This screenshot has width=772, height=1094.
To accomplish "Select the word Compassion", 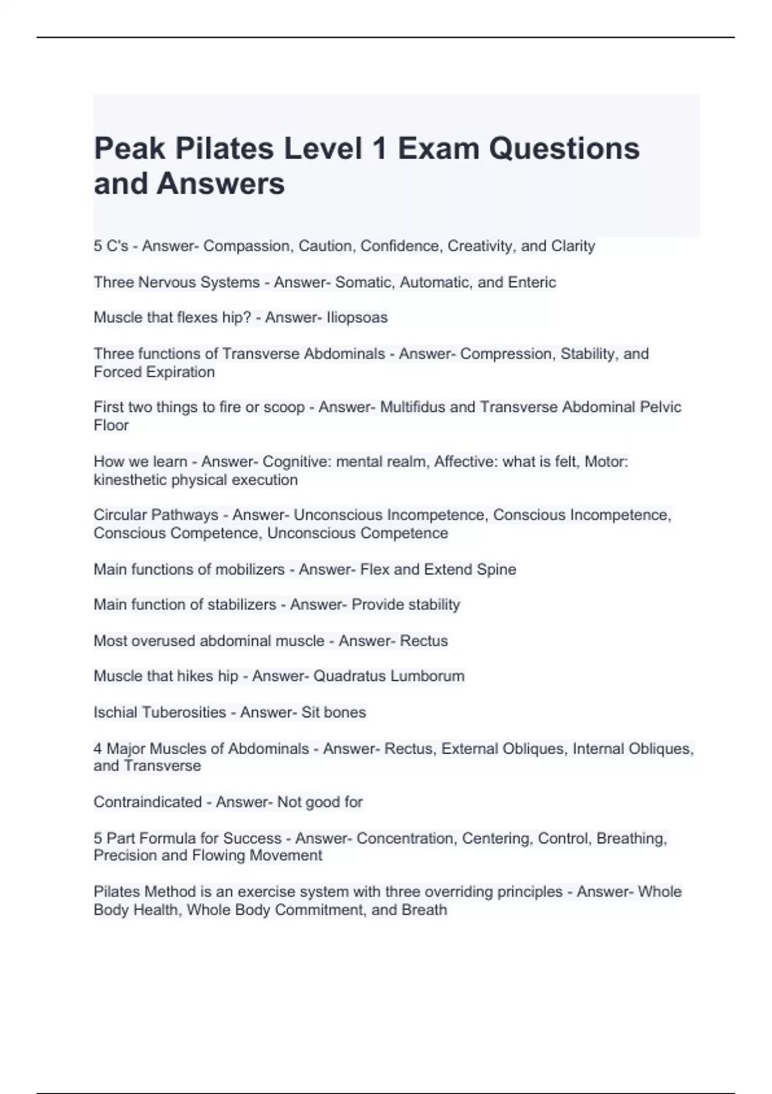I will [247, 246].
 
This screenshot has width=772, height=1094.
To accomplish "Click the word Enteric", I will [532, 282].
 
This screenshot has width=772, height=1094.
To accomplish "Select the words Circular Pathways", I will [156, 515].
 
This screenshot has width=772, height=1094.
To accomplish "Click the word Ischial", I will [115, 712].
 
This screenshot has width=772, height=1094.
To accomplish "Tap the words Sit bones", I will [333, 712].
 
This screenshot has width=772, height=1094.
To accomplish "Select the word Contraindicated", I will [147, 802].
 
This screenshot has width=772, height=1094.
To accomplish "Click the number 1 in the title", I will [380, 149].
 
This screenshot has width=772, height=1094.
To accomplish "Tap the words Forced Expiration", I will [154, 371].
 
